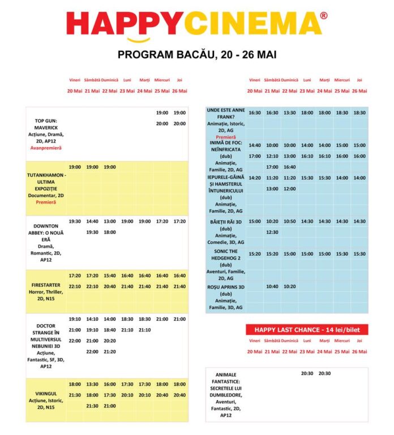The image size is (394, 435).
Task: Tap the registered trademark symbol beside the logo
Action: point(324,15)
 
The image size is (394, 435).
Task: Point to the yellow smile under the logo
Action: point(139,40)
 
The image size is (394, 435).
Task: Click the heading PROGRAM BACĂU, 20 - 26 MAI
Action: point(196,55)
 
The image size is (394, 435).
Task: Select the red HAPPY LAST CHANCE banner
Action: point(307,330)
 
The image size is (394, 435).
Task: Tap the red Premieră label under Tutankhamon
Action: point(46,202)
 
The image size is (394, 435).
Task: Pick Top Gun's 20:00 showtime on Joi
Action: point(179,123)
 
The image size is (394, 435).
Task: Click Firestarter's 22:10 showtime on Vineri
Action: point(74,287)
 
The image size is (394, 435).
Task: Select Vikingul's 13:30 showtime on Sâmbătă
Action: point(92,384)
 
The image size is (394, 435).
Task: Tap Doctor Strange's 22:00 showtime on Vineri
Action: point(74,341)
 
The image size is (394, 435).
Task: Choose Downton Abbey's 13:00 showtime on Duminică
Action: point(110,221)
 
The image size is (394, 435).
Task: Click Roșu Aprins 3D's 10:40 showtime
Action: point(272,287)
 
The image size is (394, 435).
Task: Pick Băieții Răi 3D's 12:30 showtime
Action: point(272,232)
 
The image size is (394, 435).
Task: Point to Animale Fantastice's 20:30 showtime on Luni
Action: point(307,373)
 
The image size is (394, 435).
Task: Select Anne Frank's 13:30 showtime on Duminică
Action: point(290,113)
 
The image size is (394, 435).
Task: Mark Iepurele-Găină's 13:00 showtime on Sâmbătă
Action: point(272,188)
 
